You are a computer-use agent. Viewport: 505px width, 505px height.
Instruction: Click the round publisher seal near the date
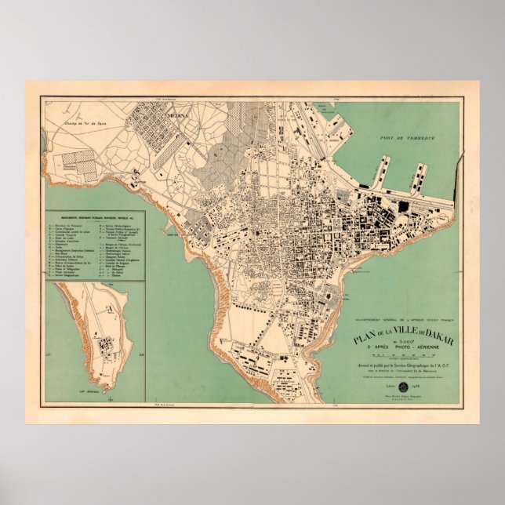click(x=404, y=388)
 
